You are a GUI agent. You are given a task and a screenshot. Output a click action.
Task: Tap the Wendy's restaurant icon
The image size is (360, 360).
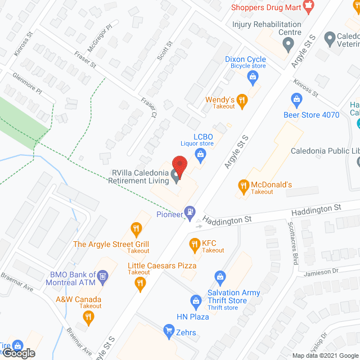(242, 100)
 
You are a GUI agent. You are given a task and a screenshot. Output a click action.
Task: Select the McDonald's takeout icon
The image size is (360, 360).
(244, 185)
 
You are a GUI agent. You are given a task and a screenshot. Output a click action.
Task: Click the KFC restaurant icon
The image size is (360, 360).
(195, 244)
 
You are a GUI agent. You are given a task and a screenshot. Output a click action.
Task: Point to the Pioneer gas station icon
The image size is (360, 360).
(191, 211)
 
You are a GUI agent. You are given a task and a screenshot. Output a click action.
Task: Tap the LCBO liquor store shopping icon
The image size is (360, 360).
(199, 154)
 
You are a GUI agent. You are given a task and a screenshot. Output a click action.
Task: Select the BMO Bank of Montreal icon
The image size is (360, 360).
(102, 276)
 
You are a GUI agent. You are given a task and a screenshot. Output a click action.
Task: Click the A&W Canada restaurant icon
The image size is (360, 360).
(87, 317)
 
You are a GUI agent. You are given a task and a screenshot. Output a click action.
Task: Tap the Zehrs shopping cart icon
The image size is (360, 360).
(168, 330)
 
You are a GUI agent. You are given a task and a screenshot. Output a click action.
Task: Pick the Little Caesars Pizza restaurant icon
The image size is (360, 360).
(139, 284)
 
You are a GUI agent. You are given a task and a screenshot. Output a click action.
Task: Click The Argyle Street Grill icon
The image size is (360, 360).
(136, 228)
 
